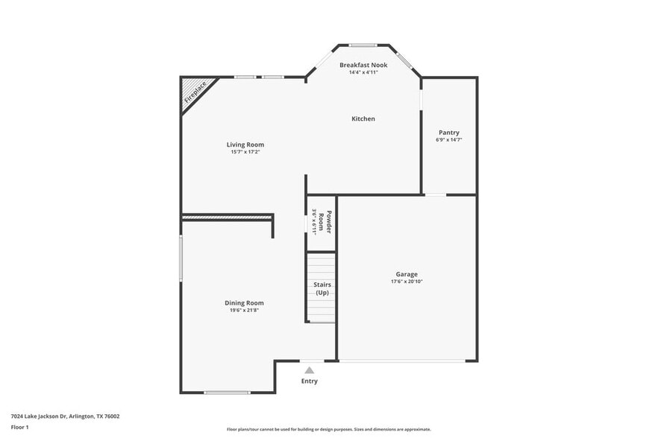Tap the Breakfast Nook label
point(363,65)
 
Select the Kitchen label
point(363,118)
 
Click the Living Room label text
point(245,145)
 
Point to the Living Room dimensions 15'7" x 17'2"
point(245,152)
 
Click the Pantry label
point(449,133)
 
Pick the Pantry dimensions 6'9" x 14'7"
point(449,140)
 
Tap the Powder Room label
point(325,221)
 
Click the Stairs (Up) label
point(322,288)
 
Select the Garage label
point(407,274)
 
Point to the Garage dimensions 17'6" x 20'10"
point(407,282)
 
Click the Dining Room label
point(245,302)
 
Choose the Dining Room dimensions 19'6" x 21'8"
point(245,310)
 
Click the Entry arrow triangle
point(310,369)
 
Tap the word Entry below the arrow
point(310,381)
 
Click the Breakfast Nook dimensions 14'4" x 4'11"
point(363,72)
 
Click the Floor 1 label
point(19,427)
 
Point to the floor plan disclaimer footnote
point(329,429)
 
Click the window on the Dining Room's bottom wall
point(228,392)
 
